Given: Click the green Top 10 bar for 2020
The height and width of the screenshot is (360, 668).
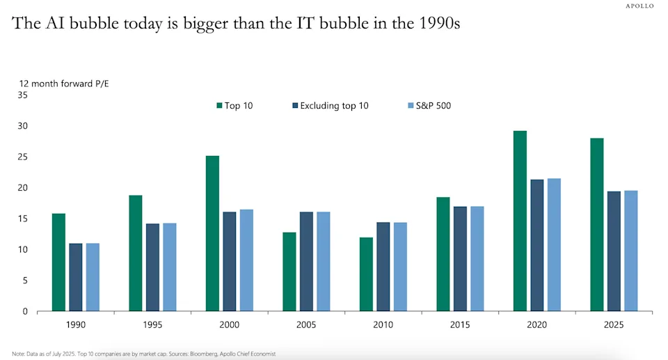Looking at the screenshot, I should tap(520, 221).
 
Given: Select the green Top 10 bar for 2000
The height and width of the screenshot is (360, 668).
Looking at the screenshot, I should tap(212, 233).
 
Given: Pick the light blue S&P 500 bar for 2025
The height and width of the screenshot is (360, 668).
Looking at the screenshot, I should tap(630, 251).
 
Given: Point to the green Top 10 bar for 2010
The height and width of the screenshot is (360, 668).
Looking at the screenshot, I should tap(366, 274).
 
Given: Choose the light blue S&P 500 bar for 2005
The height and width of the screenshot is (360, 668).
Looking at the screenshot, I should tap(324, 261).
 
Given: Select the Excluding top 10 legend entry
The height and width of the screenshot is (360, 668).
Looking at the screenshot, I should tap(330, 106).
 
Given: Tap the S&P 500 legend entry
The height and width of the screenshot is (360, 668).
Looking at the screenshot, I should tap(429, 106).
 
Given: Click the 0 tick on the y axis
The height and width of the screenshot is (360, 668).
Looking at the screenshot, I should tap(24, 311).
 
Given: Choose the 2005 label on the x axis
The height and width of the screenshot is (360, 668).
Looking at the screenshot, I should tap(306, 325).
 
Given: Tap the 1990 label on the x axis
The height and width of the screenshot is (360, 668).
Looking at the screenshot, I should tap(75, 325).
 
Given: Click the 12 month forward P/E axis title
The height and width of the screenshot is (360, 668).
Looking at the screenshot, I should tap(63, 84).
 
